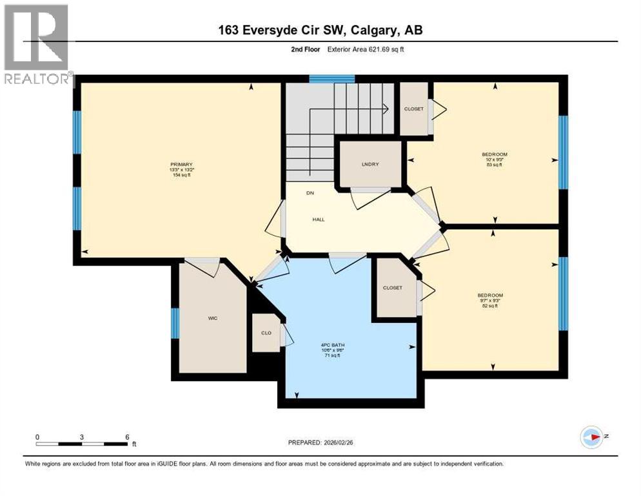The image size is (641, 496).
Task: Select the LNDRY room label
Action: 370,164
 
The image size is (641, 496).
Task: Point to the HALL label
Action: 318,220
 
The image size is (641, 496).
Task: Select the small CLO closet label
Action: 265,333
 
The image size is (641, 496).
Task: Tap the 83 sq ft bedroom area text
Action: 495,165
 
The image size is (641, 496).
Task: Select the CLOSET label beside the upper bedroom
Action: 414,109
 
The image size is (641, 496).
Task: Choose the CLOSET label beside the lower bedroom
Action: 393,288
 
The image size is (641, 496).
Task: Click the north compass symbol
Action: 591,437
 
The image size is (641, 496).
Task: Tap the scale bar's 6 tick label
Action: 127,437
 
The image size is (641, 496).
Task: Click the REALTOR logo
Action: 37,45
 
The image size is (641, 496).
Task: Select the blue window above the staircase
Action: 331,79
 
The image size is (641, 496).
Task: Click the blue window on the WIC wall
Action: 175,323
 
